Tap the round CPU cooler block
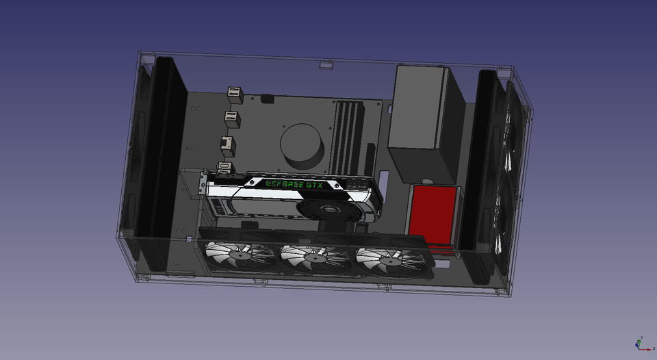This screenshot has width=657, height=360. [x=302, y=144]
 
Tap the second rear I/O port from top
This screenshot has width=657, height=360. [x=233, y=119]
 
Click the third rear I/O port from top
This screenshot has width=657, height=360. [x=225, y=144]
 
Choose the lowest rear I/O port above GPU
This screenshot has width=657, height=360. [x=224, y=168]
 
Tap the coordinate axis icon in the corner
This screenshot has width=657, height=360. [x=641, y=344]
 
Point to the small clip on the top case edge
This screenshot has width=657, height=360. [x=326, y=65]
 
